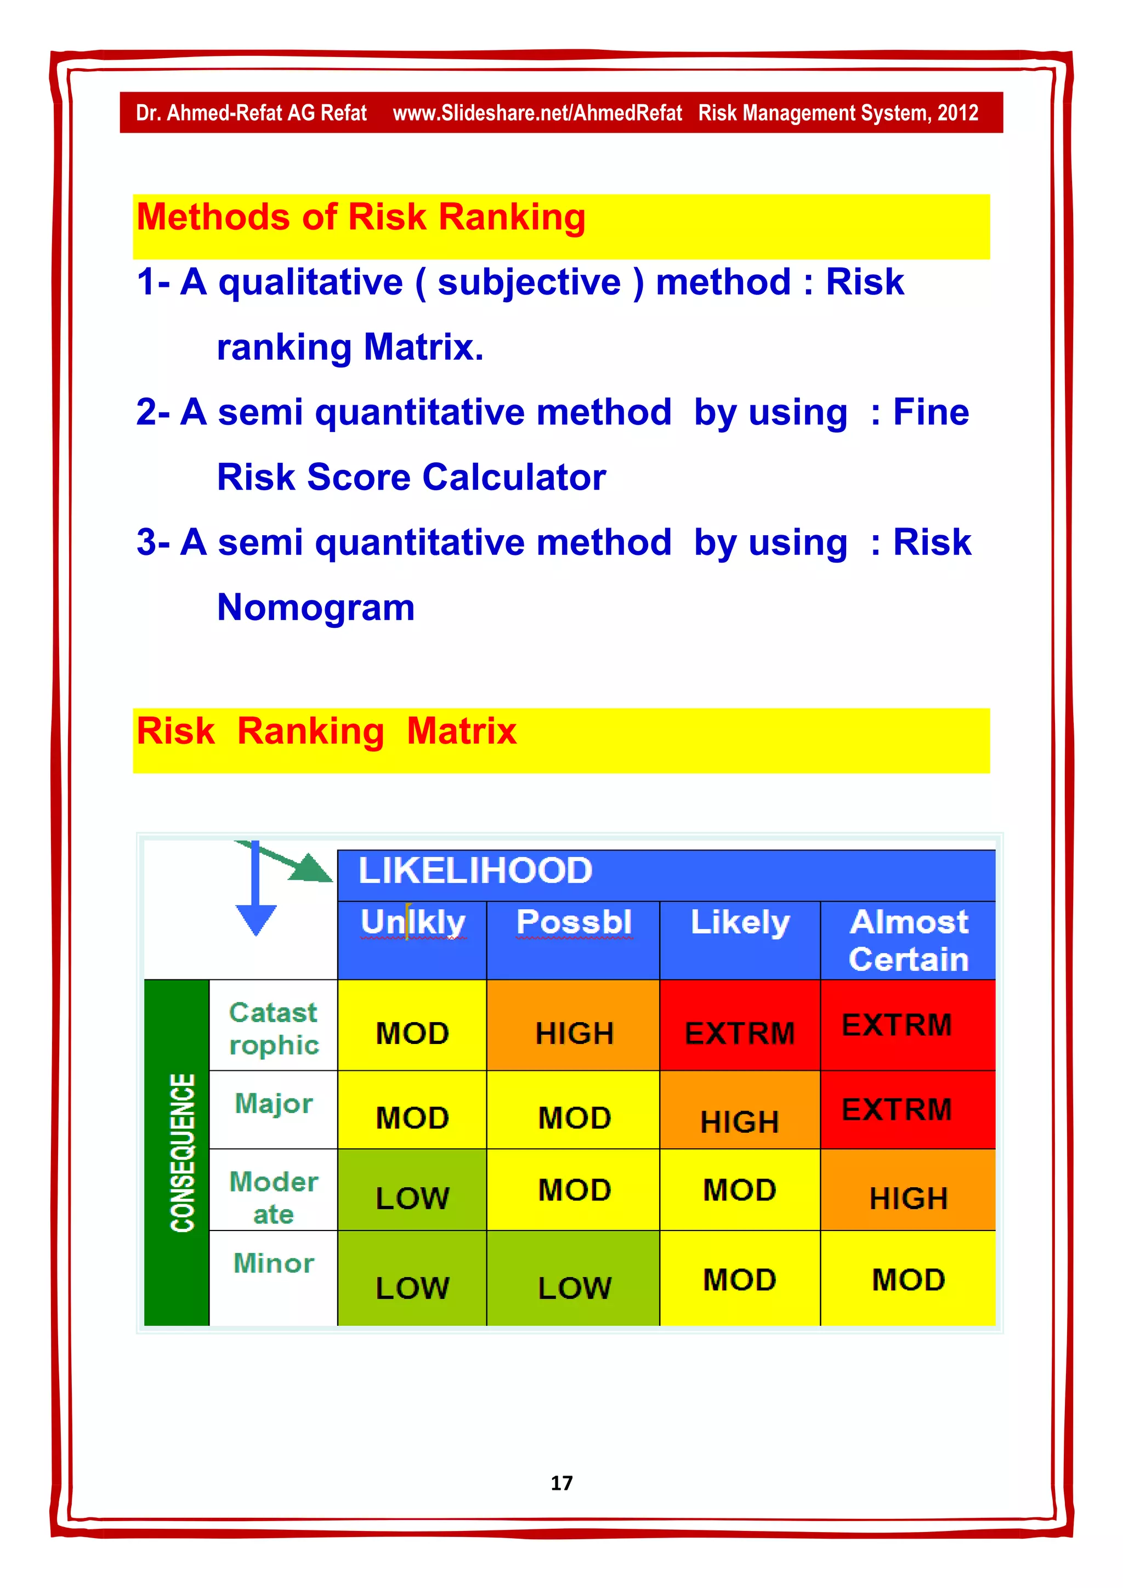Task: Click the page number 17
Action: [x=561, y=1482]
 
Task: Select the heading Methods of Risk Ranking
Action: [x=360, y=217]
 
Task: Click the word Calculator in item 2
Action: [x=514, y=477]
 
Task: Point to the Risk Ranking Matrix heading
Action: [x=326, y=731]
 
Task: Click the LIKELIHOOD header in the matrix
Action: [x=475, y=870]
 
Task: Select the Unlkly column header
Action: [x=413, y=922]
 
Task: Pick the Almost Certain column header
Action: [x=908, y=940]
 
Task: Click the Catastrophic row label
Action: [x=274, y=1029]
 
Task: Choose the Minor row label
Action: [x=274, y=1263]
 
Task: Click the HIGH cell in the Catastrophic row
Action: [x=574, y=1033]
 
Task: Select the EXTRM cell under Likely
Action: [x=739, y=1033]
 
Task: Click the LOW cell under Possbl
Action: [x=574, y=1287]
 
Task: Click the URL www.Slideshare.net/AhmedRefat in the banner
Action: [x=537, y=113]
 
